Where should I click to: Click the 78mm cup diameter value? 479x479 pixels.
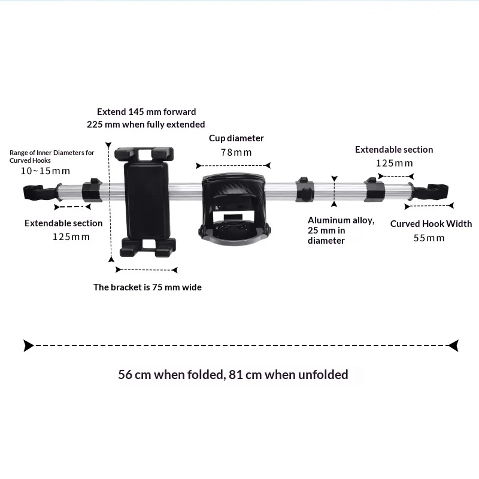(x=236, y=152)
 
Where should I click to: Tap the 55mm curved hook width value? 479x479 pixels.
(x=429, y=238)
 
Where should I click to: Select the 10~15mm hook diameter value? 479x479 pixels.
(x=46, y=171)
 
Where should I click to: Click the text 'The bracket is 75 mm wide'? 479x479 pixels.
(x=147, y=287)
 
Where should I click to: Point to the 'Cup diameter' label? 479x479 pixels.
(x=236, y=138)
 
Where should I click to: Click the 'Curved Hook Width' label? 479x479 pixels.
(x=431, y=223)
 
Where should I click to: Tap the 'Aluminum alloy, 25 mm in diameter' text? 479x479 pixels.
(x=341, y=231)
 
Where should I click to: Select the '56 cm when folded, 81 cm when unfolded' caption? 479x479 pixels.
(x=233, y=375)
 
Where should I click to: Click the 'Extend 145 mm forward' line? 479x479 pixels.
(x=146, y=112)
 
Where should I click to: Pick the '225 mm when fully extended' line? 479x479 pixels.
(x=145, y=125)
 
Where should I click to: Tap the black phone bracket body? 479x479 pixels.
(x=147, y=200)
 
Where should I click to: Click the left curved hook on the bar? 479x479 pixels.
(x=40, y=192)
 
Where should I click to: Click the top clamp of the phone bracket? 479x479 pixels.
(x=144, y=154)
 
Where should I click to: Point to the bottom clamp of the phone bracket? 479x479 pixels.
(x=148, y=247)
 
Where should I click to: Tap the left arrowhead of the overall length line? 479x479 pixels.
(x=28, y=345)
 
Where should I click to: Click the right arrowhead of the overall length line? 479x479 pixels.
(x=453, y=345)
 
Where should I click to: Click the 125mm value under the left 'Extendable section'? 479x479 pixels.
(x=71, y=237)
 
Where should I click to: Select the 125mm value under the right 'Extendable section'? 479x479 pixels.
(x=394, y=163)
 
